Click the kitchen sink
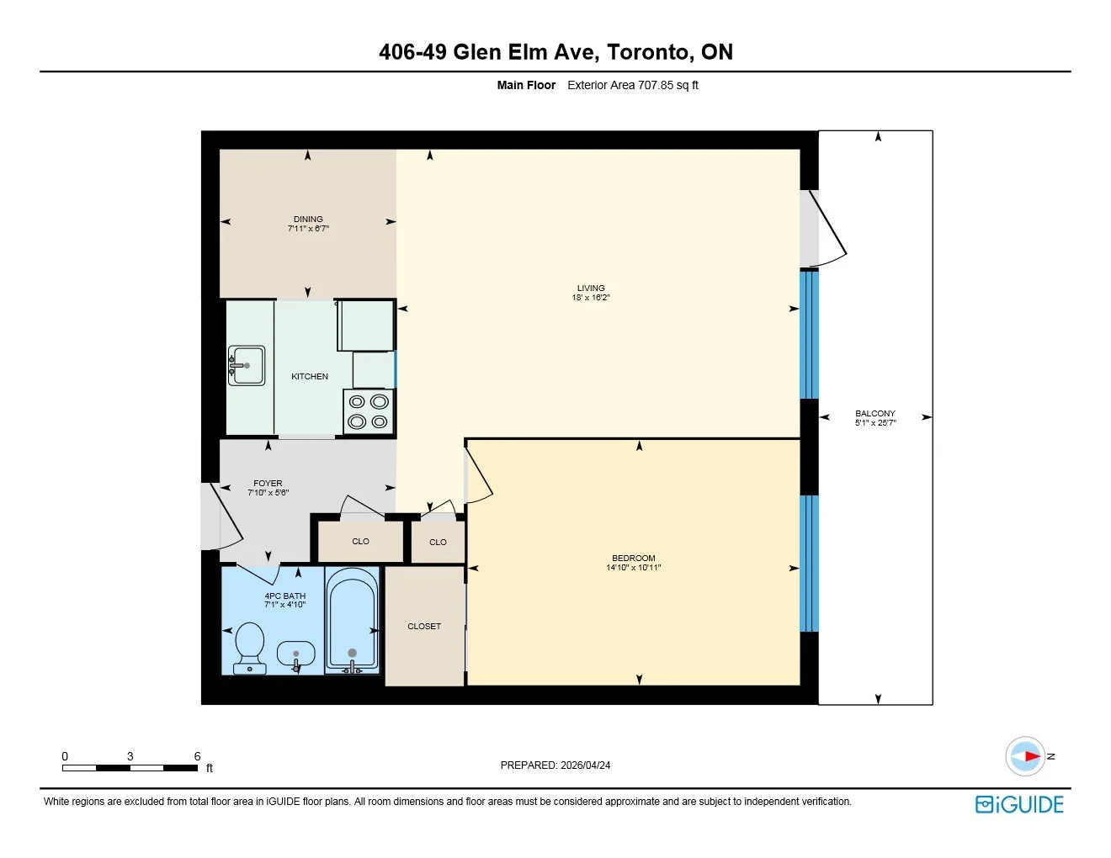pyautogui.click(x=246, y=365)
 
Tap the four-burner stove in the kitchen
pyautogui.click(x=368, y=412)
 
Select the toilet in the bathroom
pyautogui.click(x=249, y=649)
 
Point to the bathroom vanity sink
pyautogui.click(x=295, y=655)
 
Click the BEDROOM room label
pyautogui.click(x=634, y=558)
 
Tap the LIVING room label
pyautogui.click(x=591, y=289)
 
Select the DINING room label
pyautogui.click(x=308, y=220)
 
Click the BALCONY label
pyautogui.click(x=875, y=413)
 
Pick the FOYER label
pyautogui.click(x=268, y=484)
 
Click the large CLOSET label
pyautogui.click(x=424, y=627)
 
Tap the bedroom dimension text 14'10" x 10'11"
pyautogui.click(x=634, y=568)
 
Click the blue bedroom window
pyautogui.click(x=809, y=563)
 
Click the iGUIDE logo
pyautogui.click(x=1019, y=805)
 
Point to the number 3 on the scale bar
pyautogui.click(x=130, y=756)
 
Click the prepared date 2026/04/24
pyautogui.click(x=585, y=765)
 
